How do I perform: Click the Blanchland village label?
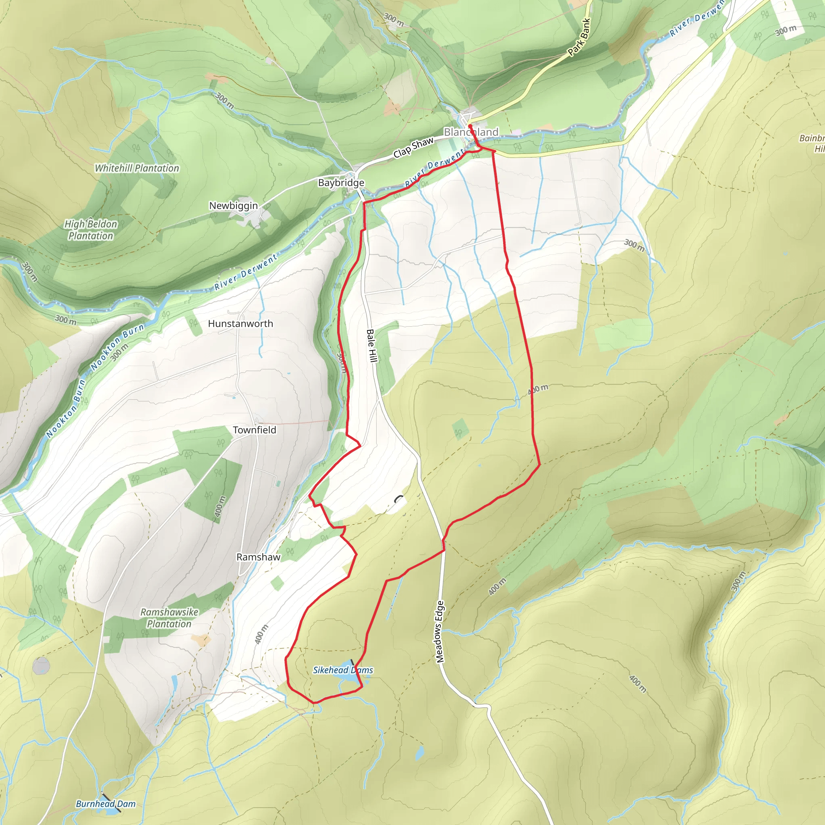pos(471,132)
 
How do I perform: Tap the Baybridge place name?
pos(341,183)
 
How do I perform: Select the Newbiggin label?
pos(233,205)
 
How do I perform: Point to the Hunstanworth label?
pos(240,324)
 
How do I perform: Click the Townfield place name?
pos(255,430)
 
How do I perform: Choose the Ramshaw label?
pos(258,557)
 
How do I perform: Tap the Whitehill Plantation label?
pos(137,168)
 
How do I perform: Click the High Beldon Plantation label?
pos(91,230)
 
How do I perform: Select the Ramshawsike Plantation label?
pos(170,618)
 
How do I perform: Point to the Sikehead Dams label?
pos(343,670)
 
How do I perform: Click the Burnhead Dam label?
pos(106,804)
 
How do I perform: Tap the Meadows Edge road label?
pos(440,632)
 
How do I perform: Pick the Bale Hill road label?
pos(372,346)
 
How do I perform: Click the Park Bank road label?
pos(579,37)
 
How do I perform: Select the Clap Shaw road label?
pos(413,147)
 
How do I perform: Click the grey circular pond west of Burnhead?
pos(41,666)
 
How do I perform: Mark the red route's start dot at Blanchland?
pos(469,126)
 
